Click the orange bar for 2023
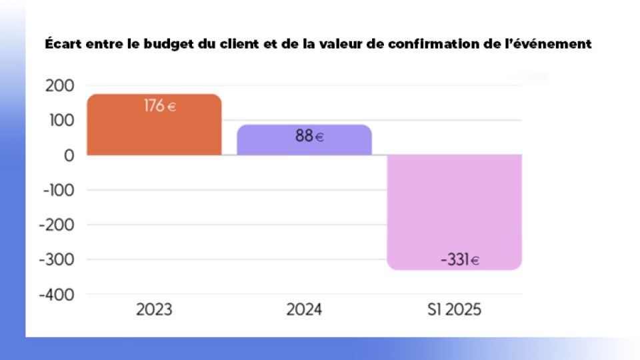[154, 130]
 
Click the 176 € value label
[160, 105]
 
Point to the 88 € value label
[309, 137]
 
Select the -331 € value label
[460, 260]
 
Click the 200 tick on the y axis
[61, 86]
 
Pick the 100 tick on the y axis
[61, 121]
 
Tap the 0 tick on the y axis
[70, 155]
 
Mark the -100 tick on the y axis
[57, 190]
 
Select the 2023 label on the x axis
[154, 310]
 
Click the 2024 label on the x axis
[304, 310]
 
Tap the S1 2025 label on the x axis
[455, 310]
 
